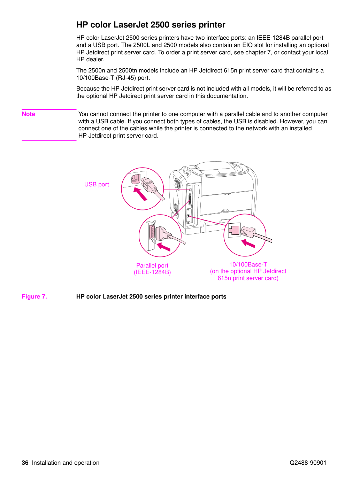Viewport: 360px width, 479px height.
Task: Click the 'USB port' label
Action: point(97,184)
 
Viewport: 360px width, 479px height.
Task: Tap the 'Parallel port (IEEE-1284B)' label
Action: point(152,269)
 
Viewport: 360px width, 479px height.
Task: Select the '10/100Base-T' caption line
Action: point(248,264)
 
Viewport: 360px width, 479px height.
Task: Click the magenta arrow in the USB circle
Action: point(140,194)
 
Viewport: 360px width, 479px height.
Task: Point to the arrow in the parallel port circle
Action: point(163,247)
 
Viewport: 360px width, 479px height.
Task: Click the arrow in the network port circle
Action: point(248,243)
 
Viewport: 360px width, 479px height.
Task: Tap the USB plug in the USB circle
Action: point(148,184)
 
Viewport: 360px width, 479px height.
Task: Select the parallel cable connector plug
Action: point(162,233)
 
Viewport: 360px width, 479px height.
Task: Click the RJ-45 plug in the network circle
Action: point(248,232)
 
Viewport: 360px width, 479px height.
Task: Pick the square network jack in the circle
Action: point(234,230)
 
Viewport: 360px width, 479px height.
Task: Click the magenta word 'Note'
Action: point(28,114)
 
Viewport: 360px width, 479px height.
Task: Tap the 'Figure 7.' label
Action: point(34,296)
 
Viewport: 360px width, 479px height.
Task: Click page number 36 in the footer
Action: point(25,462)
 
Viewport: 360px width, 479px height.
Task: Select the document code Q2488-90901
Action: point(308,463)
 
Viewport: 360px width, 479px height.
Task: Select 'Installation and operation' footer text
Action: point(66,463)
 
